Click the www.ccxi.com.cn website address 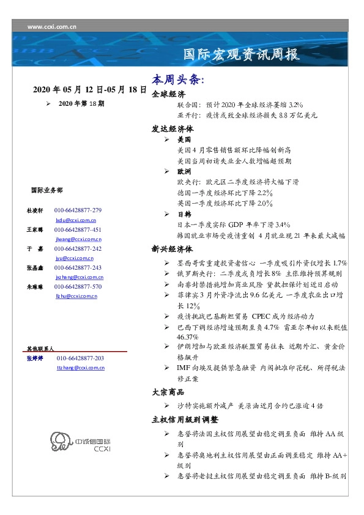point(51,27)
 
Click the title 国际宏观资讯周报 point(242,54)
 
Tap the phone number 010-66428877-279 point(78,210)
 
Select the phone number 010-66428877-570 point(78,286)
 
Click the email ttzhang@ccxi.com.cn point(81,368)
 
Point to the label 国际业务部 point(46,190)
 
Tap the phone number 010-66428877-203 point(80,358)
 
